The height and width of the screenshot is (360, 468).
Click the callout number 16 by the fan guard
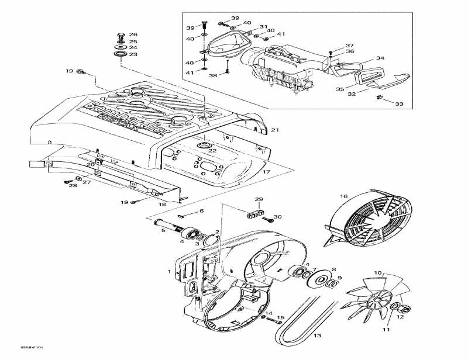tap(344, 196)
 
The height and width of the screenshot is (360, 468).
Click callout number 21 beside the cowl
tap(274, 130)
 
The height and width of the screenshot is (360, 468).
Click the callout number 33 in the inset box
tap(399, 104)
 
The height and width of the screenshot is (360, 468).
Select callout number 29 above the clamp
tap(259, 200)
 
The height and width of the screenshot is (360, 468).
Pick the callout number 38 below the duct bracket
tap(214, 75)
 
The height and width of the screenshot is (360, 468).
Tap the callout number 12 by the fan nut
tap(400, 317)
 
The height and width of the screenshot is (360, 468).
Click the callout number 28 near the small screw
tap(73, 186)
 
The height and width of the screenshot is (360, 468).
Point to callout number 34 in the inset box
tap(380, 58)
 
